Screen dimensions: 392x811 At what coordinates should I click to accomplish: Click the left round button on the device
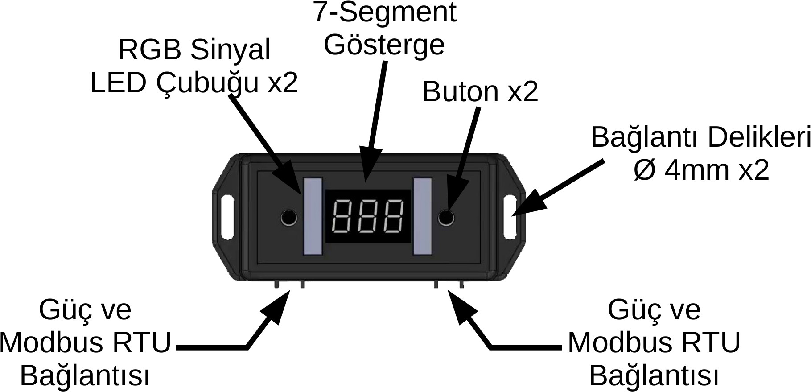[x=289, y=218]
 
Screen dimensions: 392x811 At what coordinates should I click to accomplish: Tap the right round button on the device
[x=446, y=218]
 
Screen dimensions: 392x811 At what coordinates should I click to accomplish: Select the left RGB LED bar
[x=313, y=216]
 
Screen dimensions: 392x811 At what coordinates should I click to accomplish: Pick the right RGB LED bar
[x=423, y=216]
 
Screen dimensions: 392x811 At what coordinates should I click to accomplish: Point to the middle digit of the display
[x=368, y=216]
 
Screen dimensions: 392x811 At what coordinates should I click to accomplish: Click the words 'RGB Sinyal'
[x=194, y=50]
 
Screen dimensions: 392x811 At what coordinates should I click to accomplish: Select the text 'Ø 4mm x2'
[x=701, y=170]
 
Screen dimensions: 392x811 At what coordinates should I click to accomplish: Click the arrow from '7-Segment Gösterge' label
[x=375, y=120]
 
